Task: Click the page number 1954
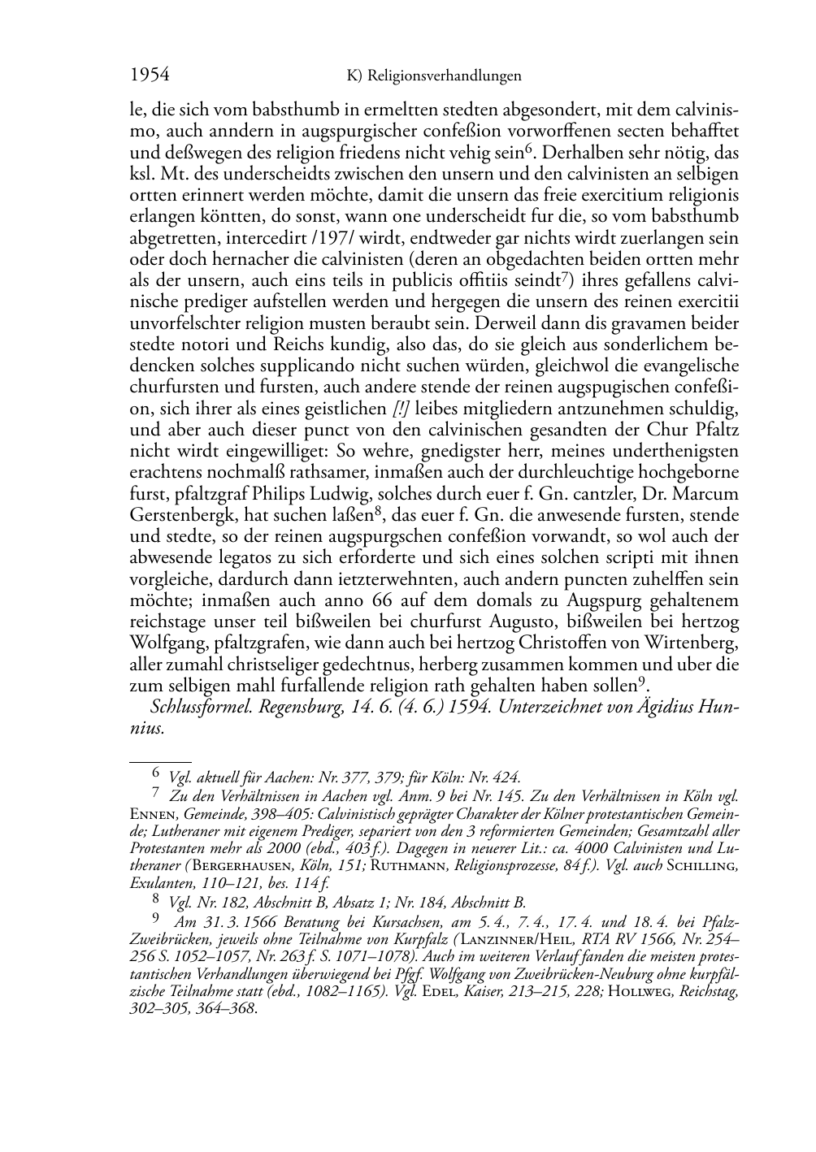(150, 76)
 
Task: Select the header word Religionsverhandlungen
(444, 76)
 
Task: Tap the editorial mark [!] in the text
(401, 408)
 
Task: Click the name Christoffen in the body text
(562, 643)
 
